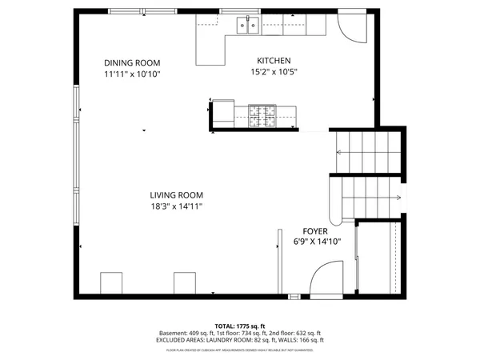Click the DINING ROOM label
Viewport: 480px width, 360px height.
tap(132, 63)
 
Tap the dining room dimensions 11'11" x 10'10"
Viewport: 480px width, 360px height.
tap(132, 74)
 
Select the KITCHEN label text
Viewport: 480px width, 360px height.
tap(273, 61)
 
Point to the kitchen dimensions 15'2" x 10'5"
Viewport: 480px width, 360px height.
tap(273, 71)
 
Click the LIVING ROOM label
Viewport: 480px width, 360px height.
tap(176, 195)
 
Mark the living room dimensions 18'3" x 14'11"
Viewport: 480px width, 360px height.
tap(176, 206)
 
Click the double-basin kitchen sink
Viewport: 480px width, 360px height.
tap(246, 27)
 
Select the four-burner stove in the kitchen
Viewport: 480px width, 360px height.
tap(262, 115)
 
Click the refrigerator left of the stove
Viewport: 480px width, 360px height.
tap(222, 114)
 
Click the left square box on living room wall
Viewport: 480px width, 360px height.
tap(111, 283)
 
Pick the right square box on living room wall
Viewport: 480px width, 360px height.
tap(185, 283)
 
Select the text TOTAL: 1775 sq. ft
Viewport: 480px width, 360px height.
tap(240, 326)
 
